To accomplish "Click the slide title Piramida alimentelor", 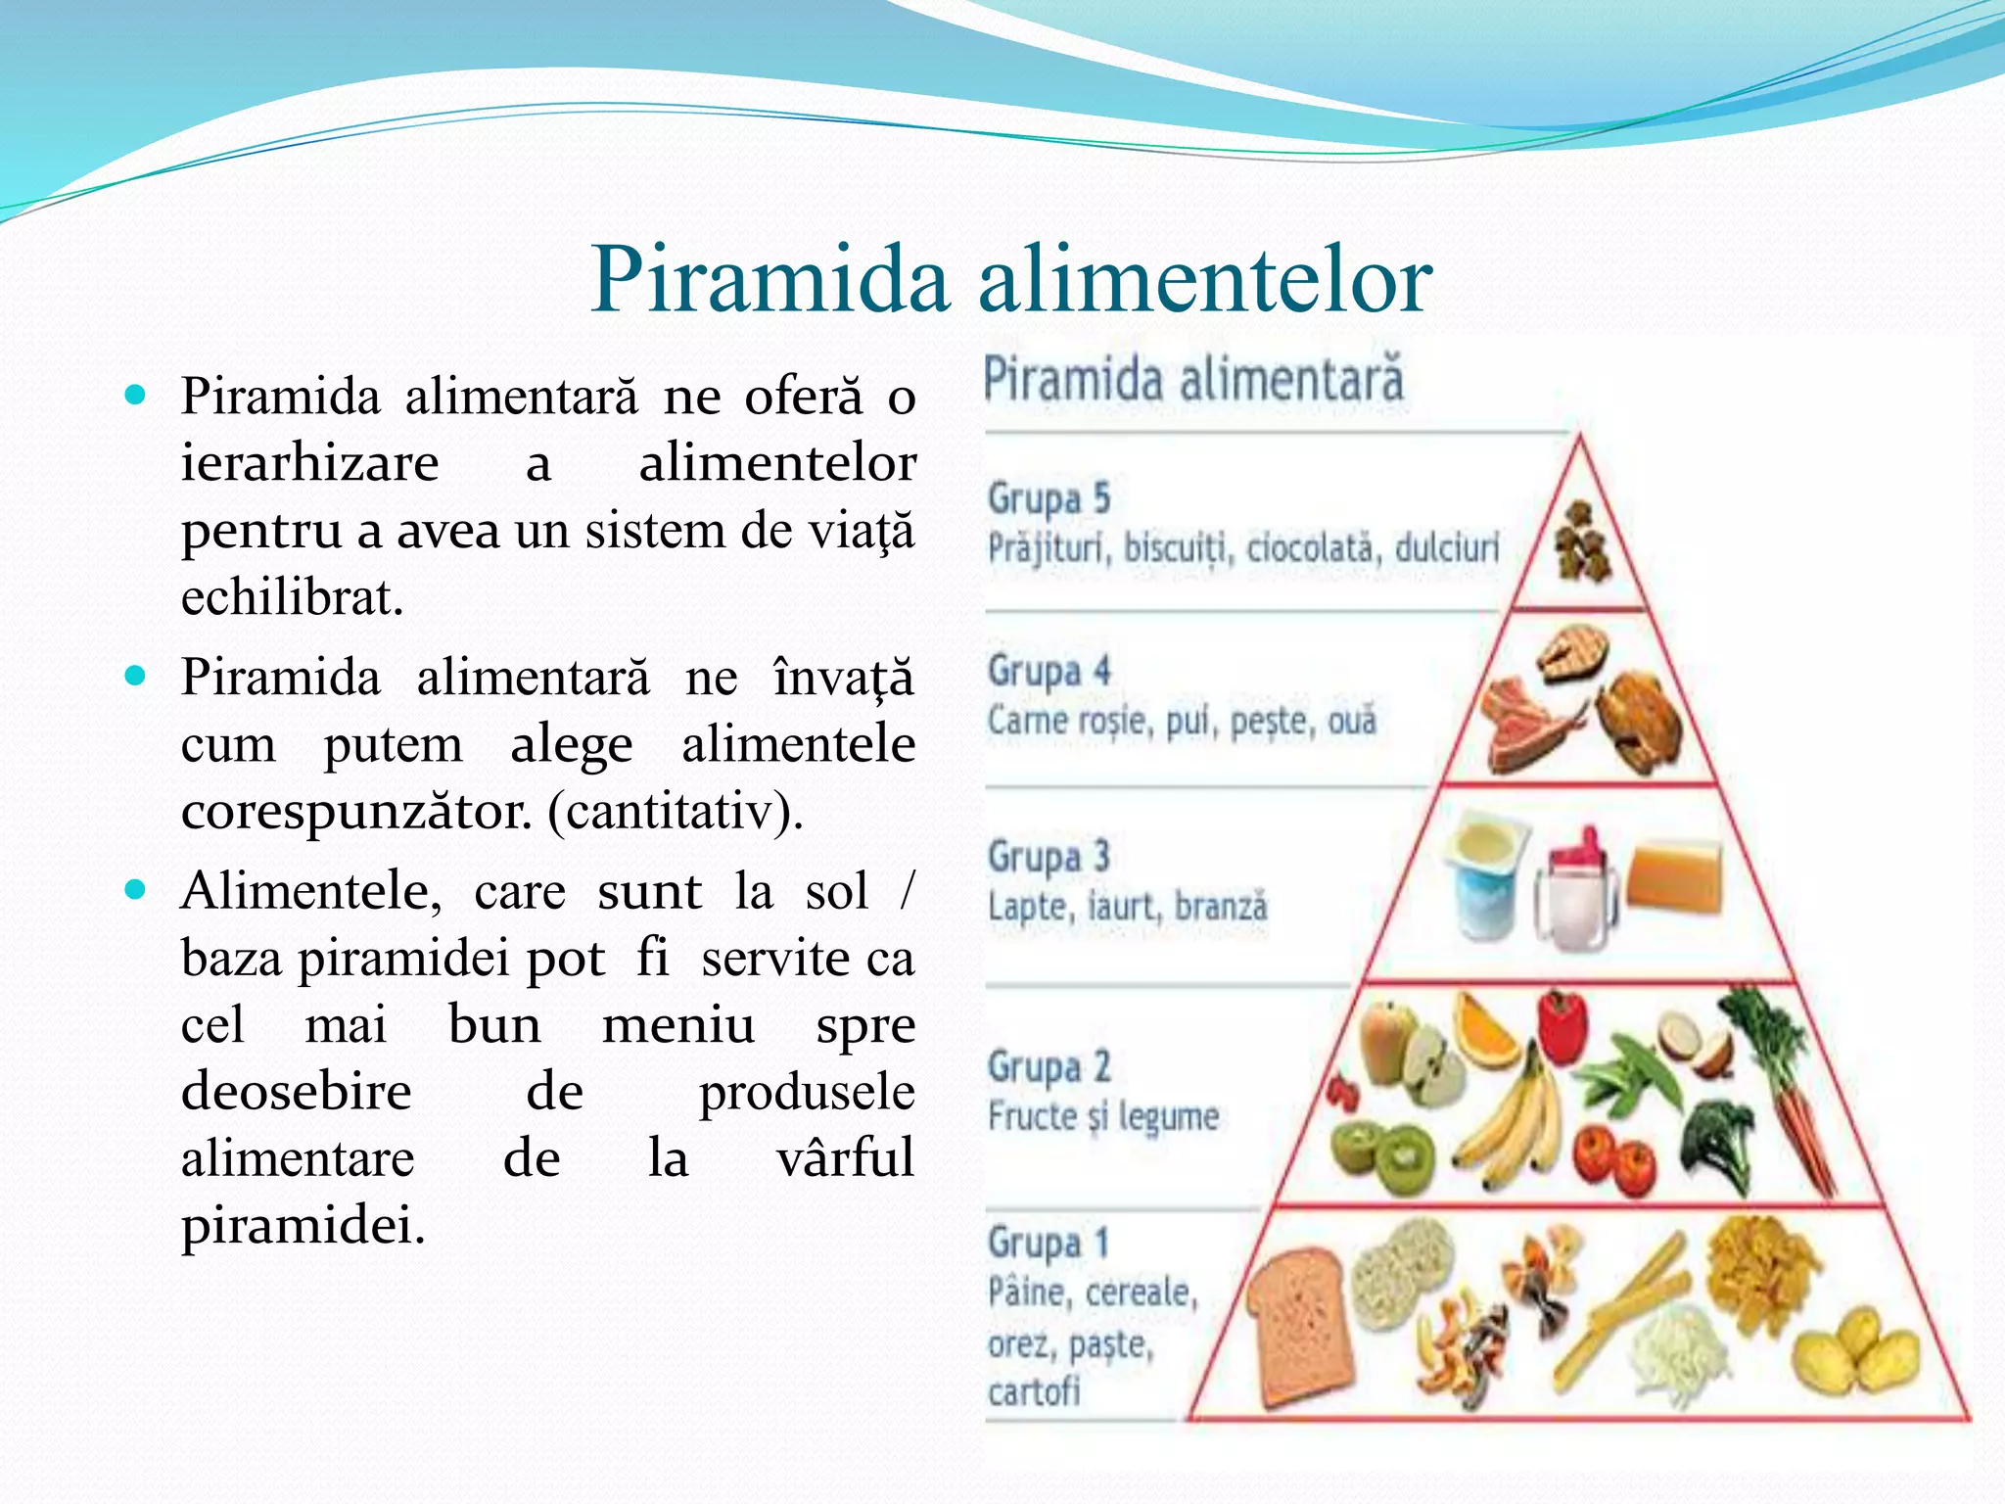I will click(1011, 281).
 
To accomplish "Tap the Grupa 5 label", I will click(1049, 498).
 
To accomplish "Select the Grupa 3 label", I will click(1049, 857).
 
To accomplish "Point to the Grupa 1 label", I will click(1049, 1244).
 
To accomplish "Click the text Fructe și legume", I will click(1103, 1116).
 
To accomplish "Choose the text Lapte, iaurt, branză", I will click(1127, 907).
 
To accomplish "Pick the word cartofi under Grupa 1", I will click(1034, 1390).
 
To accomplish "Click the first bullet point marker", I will click(135, 396).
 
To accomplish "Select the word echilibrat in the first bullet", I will click(292, 597).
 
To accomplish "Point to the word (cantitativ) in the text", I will click(676, 811).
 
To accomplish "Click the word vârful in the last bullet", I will click(845, 1157).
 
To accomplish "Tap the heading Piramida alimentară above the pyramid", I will click(1193, 380).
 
